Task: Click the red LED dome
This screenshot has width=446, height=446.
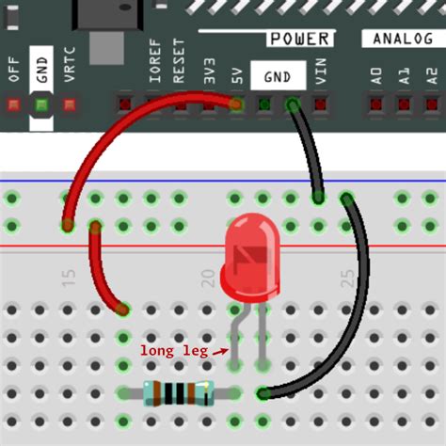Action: click(x=251, y=253)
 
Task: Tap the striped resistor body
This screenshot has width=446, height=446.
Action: click(x=177, y=393)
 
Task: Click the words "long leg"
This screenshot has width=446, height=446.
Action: click(x=172, y=350)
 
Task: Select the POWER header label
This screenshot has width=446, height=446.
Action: click(x=299, y=39)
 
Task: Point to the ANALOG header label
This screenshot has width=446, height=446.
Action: click(x=403, y=39)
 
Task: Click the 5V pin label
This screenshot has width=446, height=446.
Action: click(x=236, y=76)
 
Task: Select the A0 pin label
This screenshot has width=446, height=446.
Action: click(x=376, y=75)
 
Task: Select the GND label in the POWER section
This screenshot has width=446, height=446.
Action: click(x=278, y=76)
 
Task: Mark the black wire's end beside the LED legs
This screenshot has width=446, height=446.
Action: click(x=263, y=393)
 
